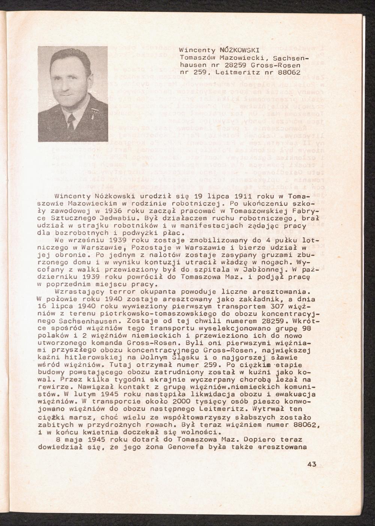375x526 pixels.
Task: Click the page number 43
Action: click(x=312, y=464)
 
